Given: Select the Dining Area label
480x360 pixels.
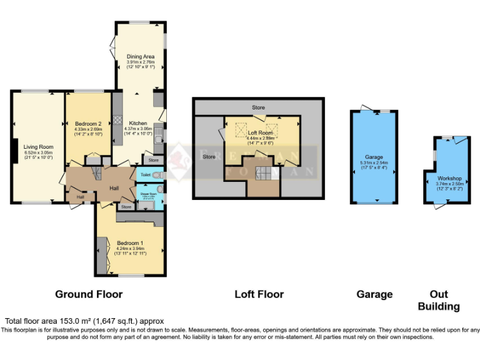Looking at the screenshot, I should [x=140, y=57].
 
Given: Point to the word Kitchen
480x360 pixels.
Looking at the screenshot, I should [x=137, y=122].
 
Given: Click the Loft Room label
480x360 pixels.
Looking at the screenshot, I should [x=259, y=132].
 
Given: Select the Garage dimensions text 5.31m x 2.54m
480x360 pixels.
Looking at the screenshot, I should [x=374, y=163].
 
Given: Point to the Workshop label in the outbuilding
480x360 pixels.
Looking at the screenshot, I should [x=449, y=178].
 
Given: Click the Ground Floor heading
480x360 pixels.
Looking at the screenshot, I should [x=89, y=294].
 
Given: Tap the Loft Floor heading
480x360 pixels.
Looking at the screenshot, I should [x=259, y=294].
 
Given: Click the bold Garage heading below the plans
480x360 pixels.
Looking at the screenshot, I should [x=374, y=294].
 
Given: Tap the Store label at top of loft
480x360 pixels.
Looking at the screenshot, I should [x=258, y=107].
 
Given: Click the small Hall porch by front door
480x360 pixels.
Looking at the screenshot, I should [x=80, y=197].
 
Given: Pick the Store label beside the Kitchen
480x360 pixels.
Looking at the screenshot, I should [x=154, y=160].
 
